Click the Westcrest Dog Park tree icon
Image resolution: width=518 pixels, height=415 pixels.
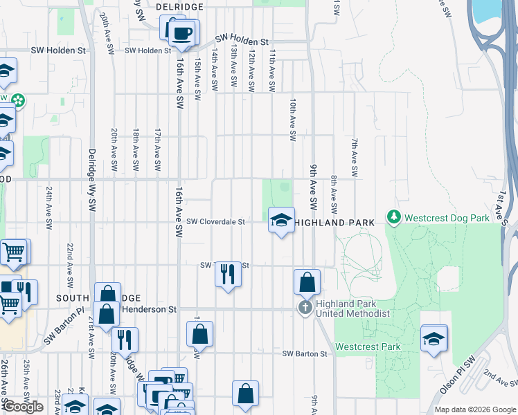click(x=394, y=217)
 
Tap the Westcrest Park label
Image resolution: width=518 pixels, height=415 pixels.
click(x=368, y=347)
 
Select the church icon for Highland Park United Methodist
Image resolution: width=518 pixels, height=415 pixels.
click(x=305, y=307)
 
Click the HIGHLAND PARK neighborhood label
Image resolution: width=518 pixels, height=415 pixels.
click(x=334, y=223)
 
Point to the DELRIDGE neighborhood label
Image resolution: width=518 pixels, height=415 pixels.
click(x=179, y=6)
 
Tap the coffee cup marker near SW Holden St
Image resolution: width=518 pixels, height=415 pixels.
click(x=183, y=34)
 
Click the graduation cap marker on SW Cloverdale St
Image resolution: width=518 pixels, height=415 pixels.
click(x=281, y=221)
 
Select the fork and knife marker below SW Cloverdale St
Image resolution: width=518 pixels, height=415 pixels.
click(x=228, y=275)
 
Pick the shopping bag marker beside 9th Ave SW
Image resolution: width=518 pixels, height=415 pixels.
click(x=307, y=282)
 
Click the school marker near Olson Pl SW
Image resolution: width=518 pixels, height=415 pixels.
click(x=434, y=339)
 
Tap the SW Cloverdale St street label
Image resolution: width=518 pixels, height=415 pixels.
click(x=216, y=222)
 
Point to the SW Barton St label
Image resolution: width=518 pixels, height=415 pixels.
click(x=303, y=354)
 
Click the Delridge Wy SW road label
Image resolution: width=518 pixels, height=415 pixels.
click(x=91, y=180)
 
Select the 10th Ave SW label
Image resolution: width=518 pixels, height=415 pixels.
click(x=293, y=120)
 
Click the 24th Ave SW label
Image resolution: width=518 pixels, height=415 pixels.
click(x=49, y=207)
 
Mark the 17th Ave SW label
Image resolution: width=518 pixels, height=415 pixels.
click(x=158, y=149)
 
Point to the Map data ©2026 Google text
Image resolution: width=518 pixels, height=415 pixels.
click(x=475, y=409)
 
